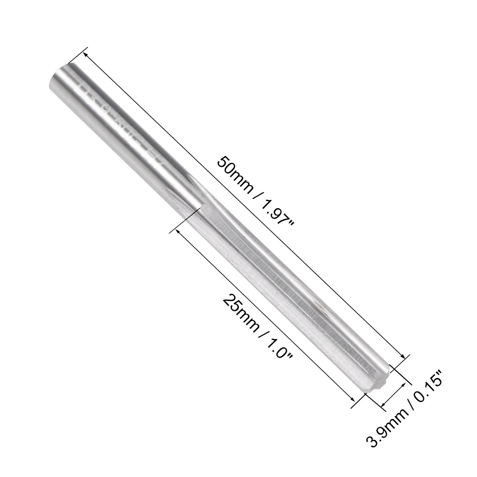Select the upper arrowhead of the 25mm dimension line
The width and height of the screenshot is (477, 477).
(177, 232)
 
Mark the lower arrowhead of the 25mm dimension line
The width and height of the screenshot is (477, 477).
(353, 399)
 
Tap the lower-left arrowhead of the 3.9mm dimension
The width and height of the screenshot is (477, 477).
(383, 405)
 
